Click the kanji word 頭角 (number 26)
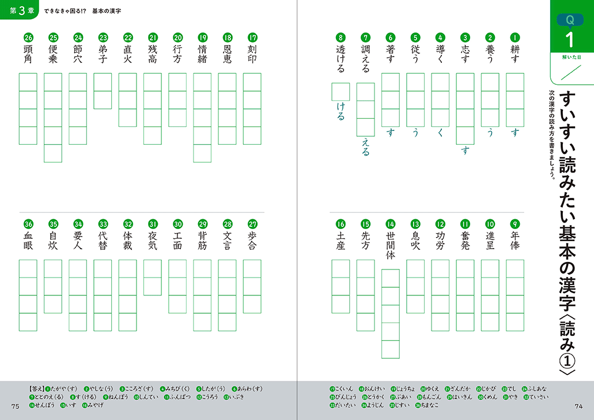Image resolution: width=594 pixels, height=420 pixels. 28,54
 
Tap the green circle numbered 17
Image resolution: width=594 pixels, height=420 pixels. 252,37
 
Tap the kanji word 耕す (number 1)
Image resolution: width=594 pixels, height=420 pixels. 515,54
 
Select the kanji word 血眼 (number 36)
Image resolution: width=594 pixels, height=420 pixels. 28,241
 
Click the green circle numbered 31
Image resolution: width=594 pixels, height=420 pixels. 153,224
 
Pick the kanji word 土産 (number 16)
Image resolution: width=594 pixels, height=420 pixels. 341,241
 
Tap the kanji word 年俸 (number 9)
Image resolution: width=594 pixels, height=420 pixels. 515,241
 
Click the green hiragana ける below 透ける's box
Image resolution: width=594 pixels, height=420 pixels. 340,112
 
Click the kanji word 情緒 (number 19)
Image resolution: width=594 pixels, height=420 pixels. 202,54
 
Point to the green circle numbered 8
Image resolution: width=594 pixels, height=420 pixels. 341,37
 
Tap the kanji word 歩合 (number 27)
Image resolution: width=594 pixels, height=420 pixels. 252,241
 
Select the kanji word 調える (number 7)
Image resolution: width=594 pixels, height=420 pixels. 366,59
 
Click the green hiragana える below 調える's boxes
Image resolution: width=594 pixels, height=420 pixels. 366,148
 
